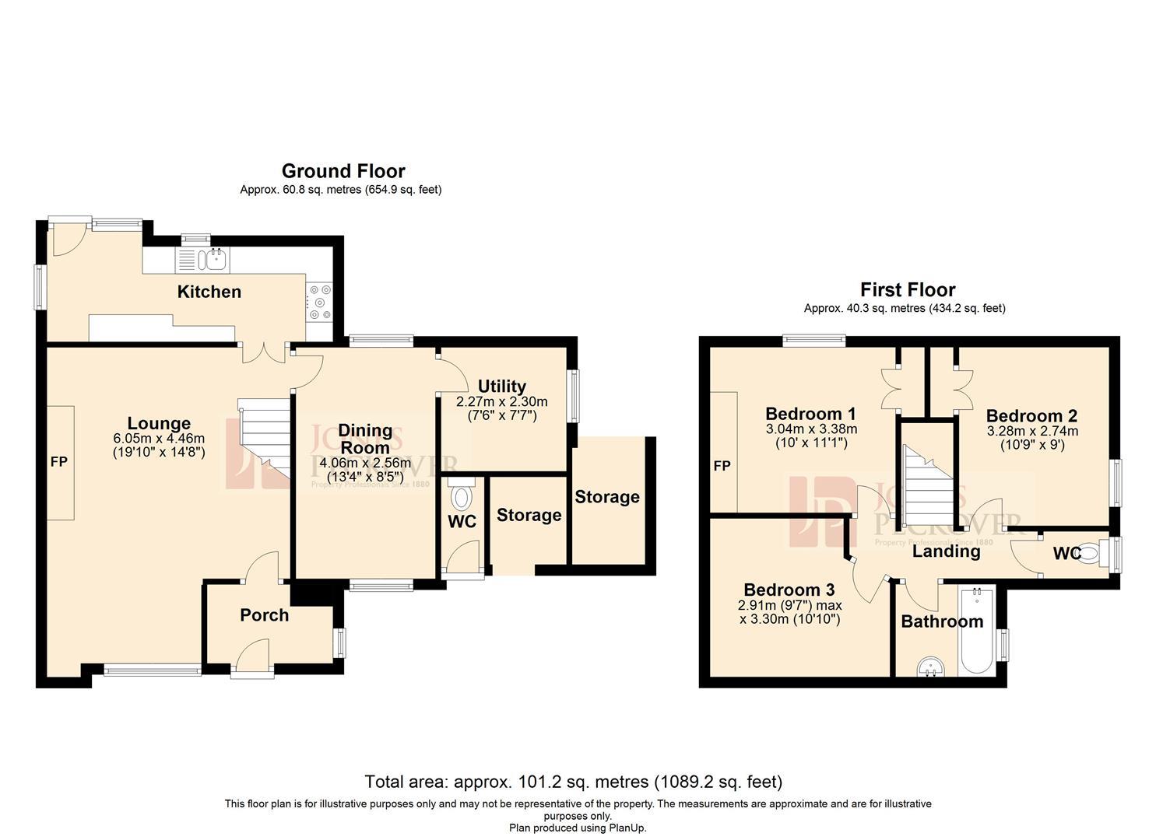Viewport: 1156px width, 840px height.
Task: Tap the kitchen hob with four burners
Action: coord(319,303)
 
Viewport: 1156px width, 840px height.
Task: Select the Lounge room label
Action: coord(159,423)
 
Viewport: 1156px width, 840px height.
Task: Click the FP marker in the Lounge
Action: coord(59,462)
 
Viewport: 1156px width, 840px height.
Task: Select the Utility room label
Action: coord(501,386)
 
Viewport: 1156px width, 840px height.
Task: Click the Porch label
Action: coord(264,615)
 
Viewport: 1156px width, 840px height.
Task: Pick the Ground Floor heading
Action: coord(343,171)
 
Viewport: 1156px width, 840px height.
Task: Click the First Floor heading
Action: coord(907,290)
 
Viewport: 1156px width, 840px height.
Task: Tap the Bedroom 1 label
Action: coord(810,414)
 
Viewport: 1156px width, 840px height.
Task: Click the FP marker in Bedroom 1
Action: coord(722,466)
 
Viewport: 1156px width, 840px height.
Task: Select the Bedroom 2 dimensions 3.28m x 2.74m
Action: coord(1032,431)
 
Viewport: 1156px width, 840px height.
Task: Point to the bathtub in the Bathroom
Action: coord(975,632)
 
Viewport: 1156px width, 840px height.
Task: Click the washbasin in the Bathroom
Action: coord(930,667)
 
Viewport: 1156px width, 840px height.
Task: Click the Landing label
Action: coord(946,551)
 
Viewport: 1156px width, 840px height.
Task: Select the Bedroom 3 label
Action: coord(789,590)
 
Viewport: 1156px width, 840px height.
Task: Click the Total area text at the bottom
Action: coord(574,782)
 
